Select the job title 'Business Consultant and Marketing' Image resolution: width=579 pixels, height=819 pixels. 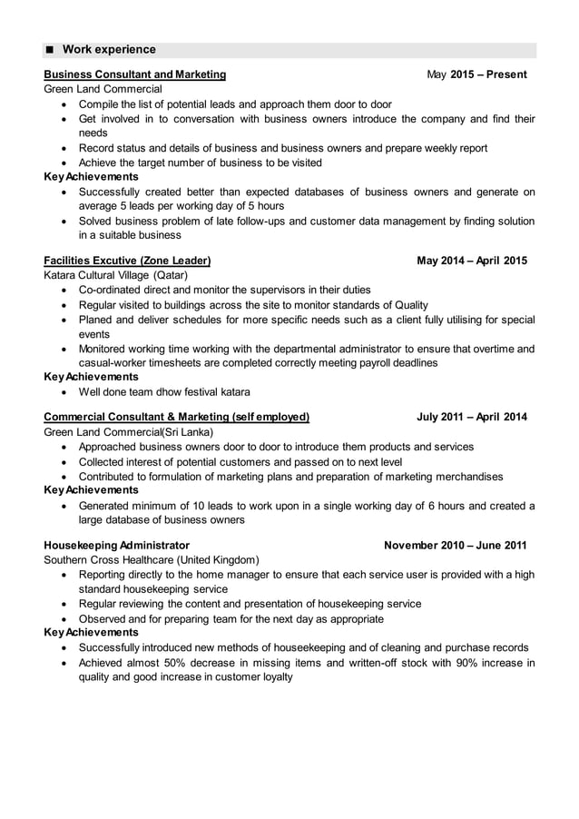pyautogui.click(x=135, y=74)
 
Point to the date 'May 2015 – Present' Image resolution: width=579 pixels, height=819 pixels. pyautogui.click(x=476, y=74)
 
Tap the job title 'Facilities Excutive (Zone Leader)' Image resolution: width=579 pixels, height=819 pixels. pyautogui.click(x=127, y=261)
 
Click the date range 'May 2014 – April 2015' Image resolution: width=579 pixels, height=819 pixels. pyautogui.click(x=471, y=261)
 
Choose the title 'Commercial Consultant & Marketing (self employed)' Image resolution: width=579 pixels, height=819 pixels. pyautogui.click(x=177, y=418)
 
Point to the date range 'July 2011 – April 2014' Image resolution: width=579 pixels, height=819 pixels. pyautogui.click(x=471, y=418)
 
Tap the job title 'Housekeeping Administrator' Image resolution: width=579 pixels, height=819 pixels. pyautogui.click(x=117, y=546)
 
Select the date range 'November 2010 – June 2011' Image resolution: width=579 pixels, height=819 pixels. pyautogui.click(x=455, y=546)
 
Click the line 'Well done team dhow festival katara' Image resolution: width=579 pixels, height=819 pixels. pyautogui.click(x=164, y=392)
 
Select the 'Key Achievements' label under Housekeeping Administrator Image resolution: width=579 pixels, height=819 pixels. pyautogui.click(x=92, y=632)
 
